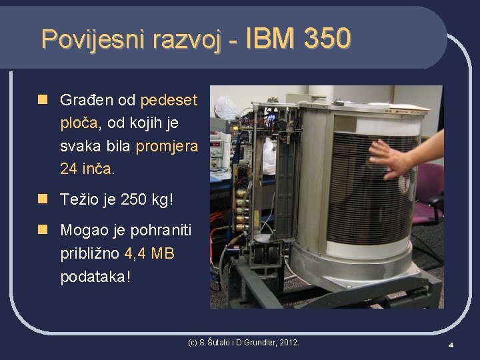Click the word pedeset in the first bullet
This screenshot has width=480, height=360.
click(x=169, y=101)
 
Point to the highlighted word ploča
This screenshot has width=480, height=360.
click(x=79, y=123)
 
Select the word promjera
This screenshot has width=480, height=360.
click(x=167, y=146)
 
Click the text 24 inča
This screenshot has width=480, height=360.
click(x=87, y=169)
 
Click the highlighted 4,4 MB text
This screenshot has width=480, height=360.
click(x=149, y=253)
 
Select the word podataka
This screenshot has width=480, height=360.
click(x=93, y=277)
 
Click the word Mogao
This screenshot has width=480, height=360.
click(x=83, y=231)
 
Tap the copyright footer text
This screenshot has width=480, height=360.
click(x=243, y=343)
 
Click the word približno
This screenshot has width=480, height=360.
click(x=89, y=253)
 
